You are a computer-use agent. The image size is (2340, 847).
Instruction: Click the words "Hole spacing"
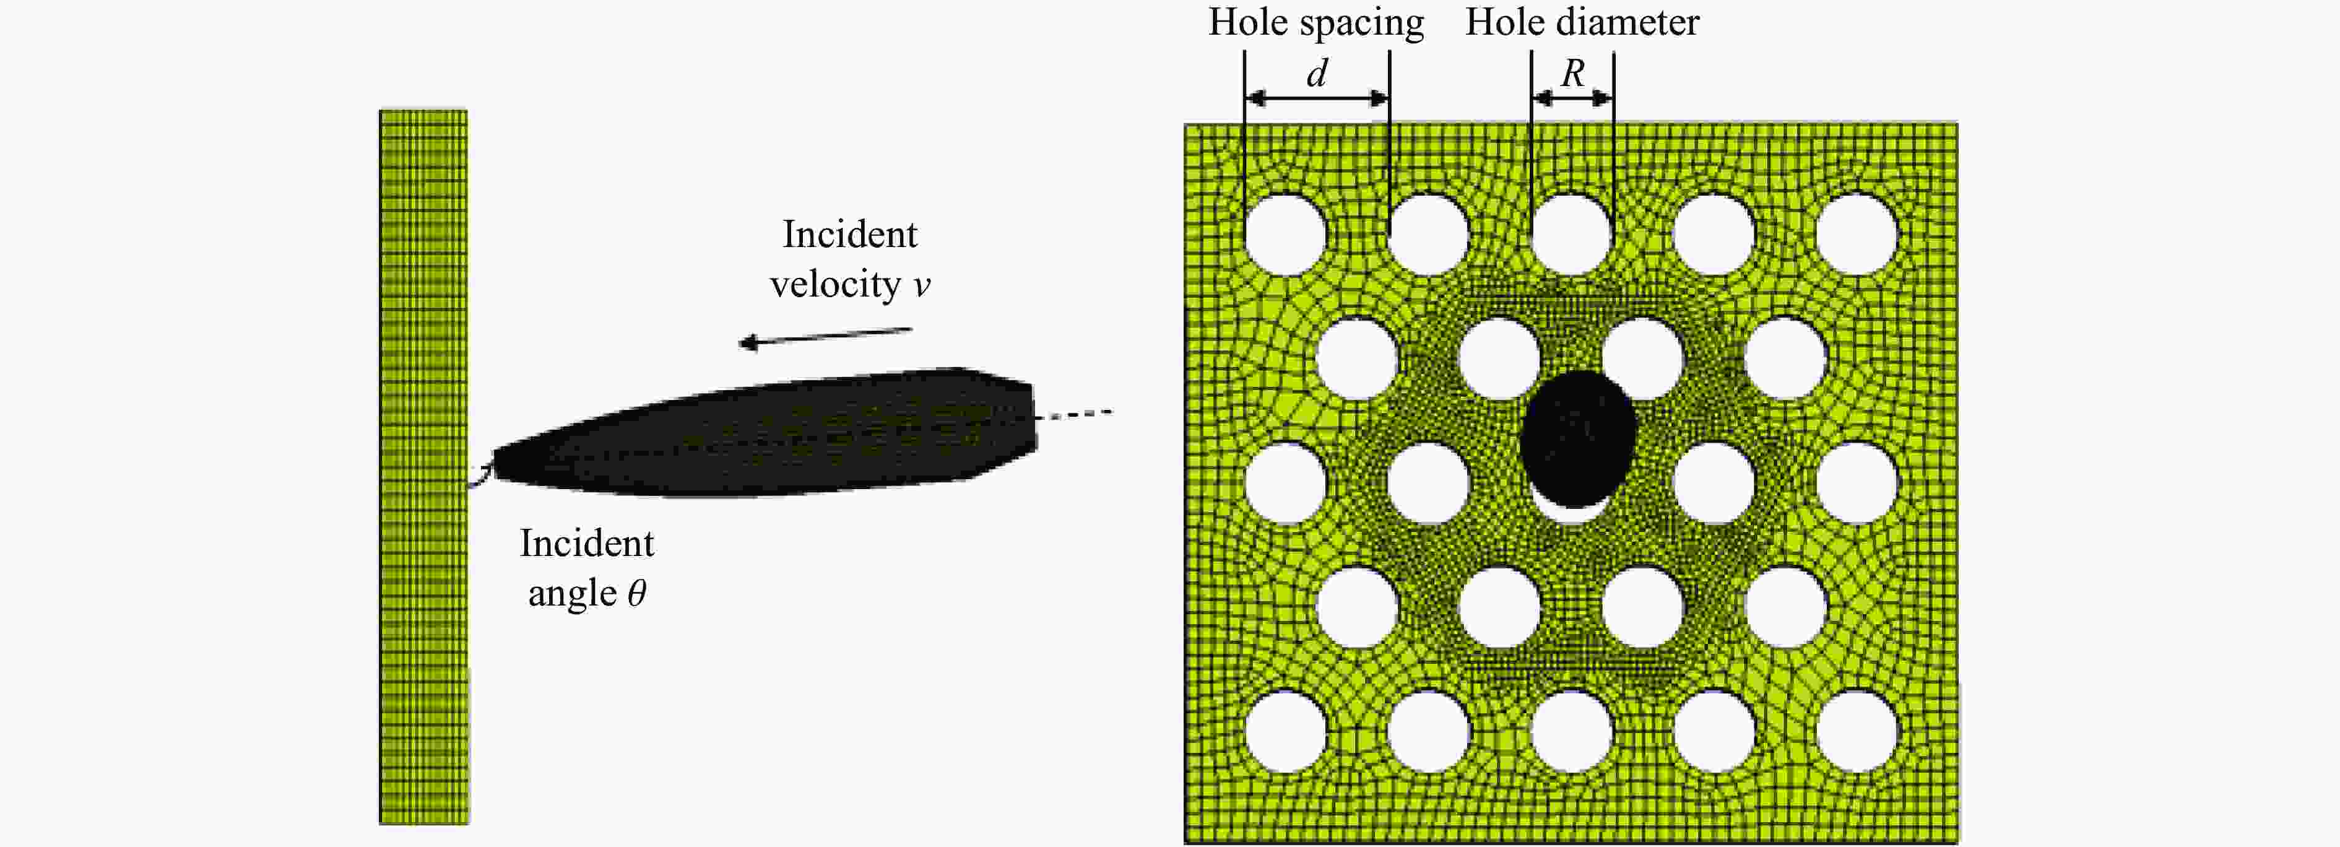1315,23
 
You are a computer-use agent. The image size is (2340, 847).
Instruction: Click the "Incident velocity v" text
850,259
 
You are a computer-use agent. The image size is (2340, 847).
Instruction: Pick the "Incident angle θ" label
587,568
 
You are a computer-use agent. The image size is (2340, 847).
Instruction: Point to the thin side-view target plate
423,467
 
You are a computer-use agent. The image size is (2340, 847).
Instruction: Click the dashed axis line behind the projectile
1075,414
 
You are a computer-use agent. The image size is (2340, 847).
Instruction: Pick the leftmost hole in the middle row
1285,482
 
